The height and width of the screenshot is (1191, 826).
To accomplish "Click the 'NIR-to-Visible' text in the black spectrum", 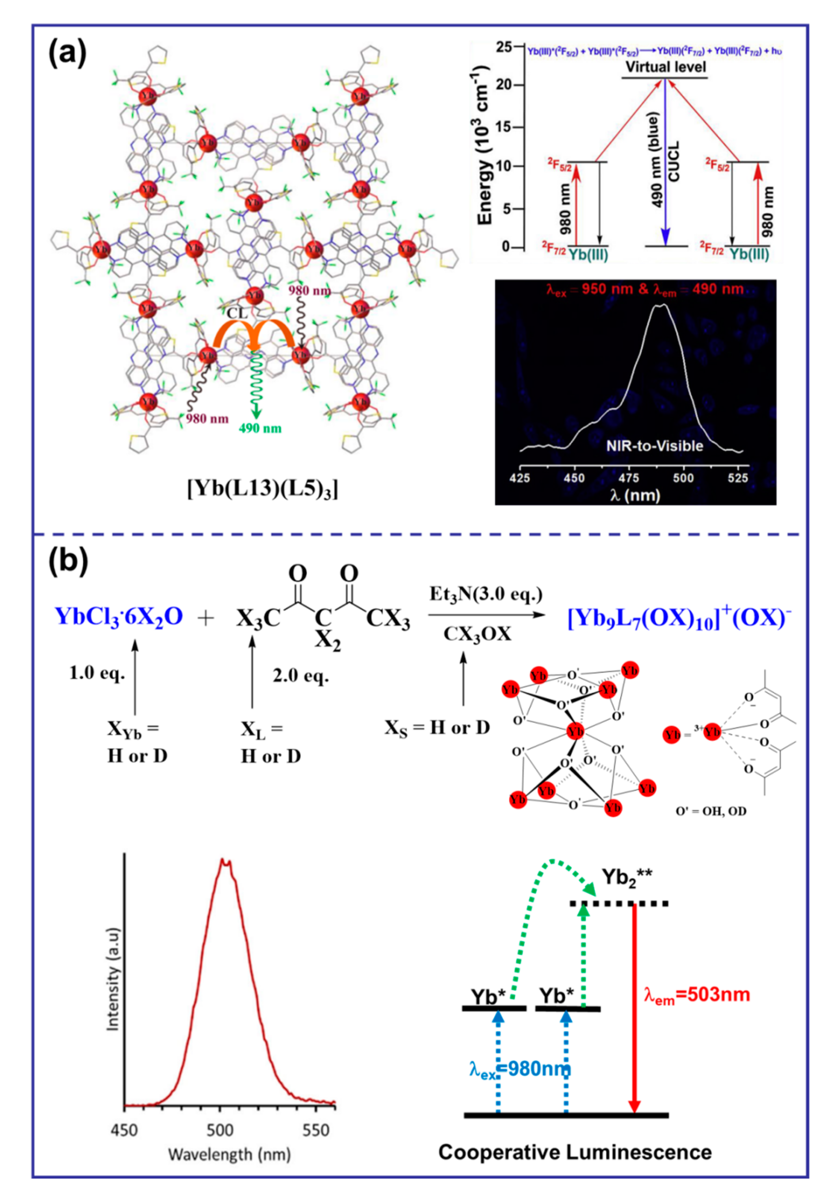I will [655, 446].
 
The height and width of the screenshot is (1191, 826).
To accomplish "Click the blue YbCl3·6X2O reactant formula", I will [119, 616].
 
